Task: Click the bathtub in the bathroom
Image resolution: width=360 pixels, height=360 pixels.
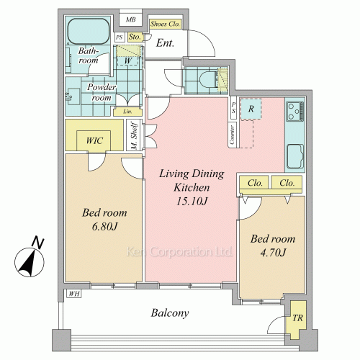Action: point(89,31)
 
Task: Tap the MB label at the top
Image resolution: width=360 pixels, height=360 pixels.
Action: point(131,19)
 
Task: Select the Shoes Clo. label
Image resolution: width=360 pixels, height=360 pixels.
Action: point(165,24)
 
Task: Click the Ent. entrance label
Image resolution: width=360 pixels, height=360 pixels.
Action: point(165,43)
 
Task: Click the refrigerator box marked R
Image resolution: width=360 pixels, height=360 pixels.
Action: point(251,109)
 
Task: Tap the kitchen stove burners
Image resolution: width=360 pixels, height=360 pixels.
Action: point(295,111)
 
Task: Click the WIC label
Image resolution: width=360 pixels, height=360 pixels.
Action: point(94,140)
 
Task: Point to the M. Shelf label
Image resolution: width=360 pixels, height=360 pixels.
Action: point(135,136)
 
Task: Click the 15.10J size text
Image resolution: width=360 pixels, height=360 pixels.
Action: point(192,201)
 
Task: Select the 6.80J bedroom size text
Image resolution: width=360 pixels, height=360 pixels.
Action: point(104,226)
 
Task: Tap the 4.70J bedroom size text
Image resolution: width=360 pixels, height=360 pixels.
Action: point(273,253)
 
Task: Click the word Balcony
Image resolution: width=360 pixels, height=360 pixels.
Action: point(170,313)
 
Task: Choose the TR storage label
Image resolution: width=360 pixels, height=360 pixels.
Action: point(298,318)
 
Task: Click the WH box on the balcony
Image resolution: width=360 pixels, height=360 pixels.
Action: point(74,294)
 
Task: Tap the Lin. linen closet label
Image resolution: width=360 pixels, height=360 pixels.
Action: point(127,112)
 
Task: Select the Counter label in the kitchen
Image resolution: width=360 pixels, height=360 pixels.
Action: point(232,135)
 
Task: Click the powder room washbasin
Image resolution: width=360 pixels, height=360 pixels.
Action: point(73,96)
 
